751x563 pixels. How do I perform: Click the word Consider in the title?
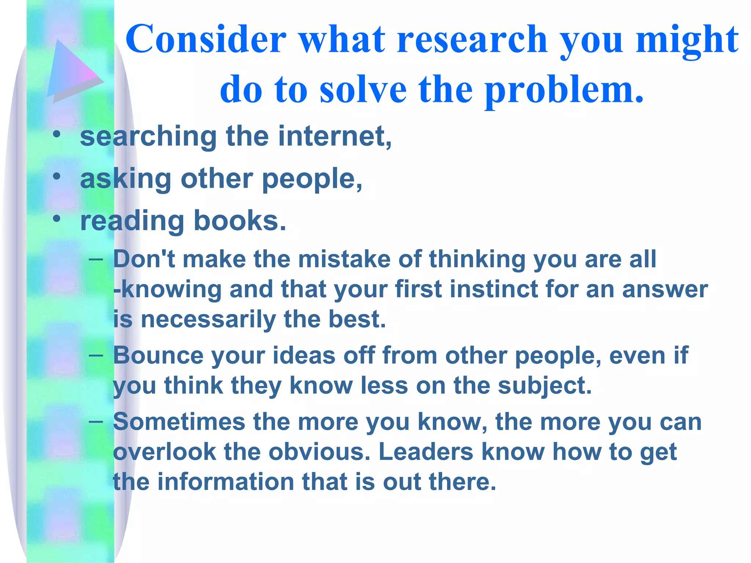[206, 39]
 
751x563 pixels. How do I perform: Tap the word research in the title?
[472, 39]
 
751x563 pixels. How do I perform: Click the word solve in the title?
[363, 90]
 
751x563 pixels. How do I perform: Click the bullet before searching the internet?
[56, 134]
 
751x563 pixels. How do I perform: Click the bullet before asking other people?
[56, 177]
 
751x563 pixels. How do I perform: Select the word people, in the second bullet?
[312, 180]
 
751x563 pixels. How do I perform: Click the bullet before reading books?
[56, 219]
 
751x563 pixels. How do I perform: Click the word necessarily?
[208, 320]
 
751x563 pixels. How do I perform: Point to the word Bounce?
[158, 356]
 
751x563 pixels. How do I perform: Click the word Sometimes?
[179, 422]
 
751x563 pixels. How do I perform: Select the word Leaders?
[426, 452]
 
